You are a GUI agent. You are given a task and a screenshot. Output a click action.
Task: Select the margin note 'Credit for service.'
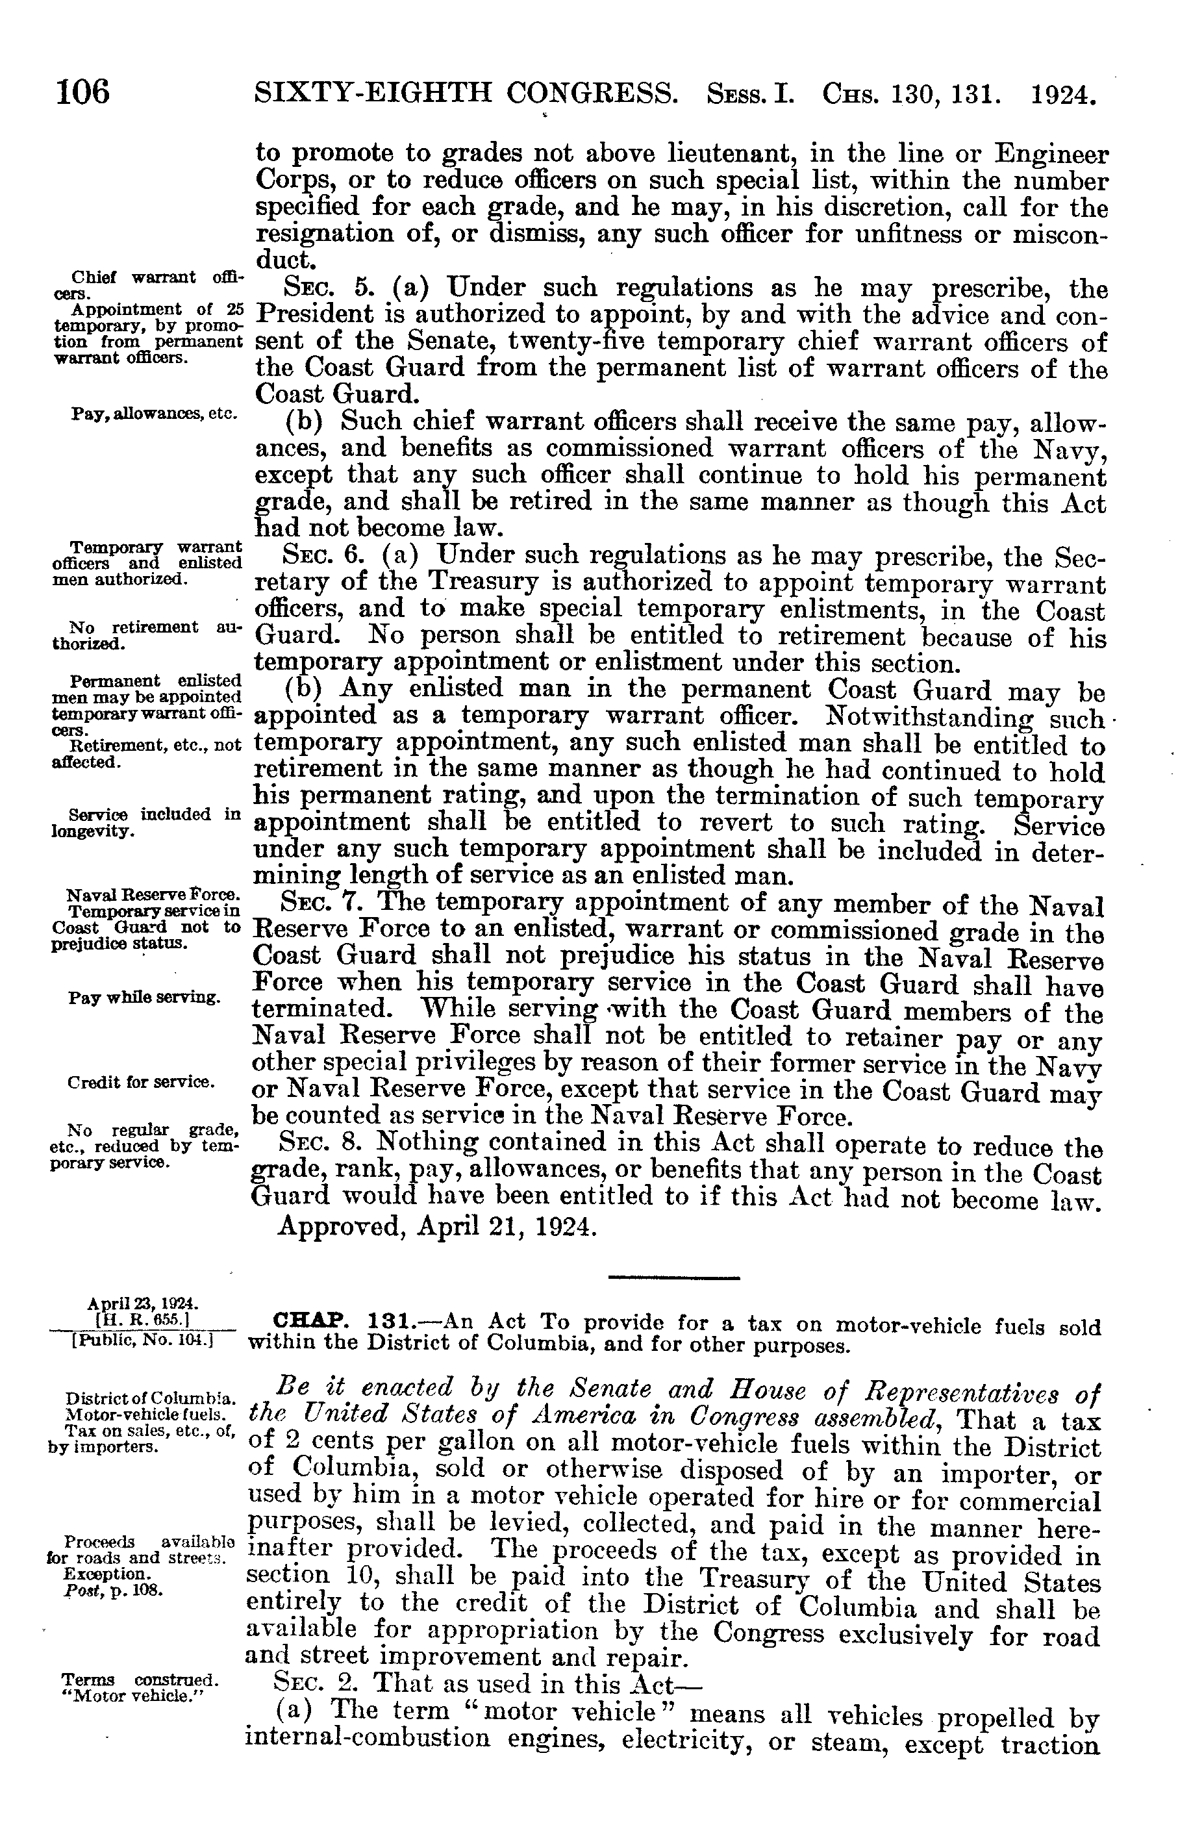[141, 1082]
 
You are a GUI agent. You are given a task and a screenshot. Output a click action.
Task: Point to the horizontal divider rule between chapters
[674, 1278]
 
